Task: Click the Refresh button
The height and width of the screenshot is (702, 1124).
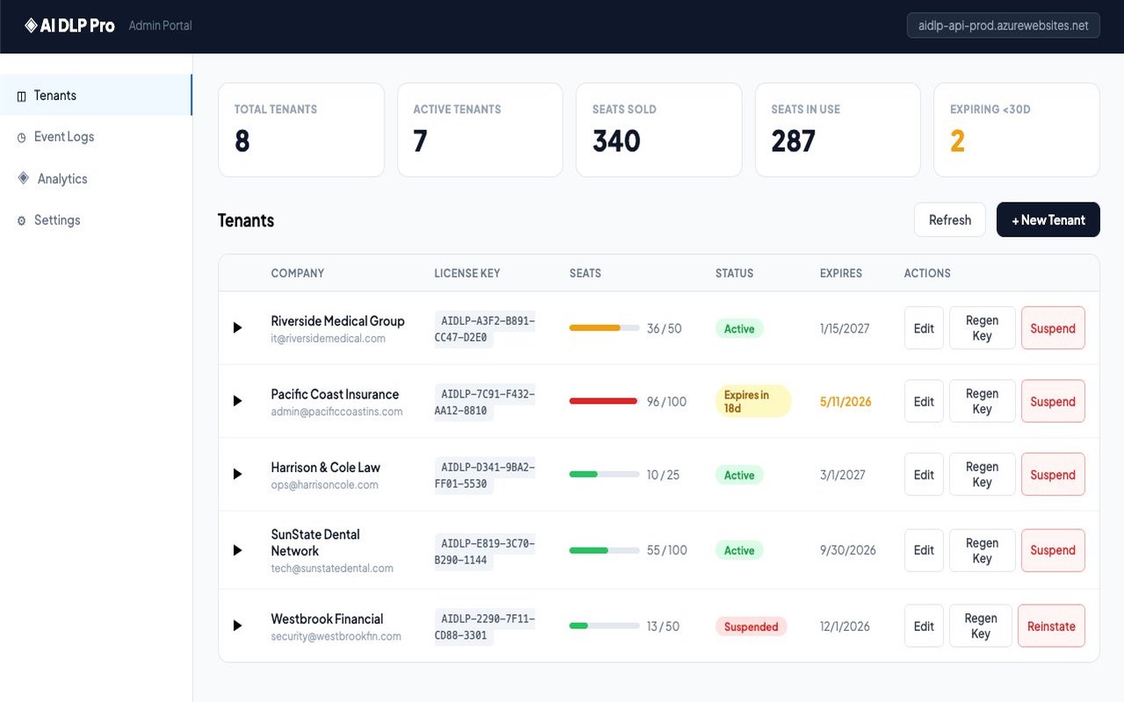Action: (x=949, y=219)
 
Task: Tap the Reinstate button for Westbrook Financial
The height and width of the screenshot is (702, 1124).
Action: (x=1051, y=626)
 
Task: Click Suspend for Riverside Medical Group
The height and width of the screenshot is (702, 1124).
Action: (x=1053, y=328)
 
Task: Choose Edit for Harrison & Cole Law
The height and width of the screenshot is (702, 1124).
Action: (x=924, y=475)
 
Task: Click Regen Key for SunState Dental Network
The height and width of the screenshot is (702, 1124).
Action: (x=982, y=550)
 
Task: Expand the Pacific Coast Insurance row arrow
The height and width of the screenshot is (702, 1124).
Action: (x=237, y=401)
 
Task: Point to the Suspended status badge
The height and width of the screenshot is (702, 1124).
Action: (x=751, y=627)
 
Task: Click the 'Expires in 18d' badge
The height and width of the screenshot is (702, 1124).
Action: (x=753, y=401)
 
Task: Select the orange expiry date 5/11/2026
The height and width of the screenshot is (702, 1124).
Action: (x=846, y=401)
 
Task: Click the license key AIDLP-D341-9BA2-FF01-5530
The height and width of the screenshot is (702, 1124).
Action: (x=485, y=475)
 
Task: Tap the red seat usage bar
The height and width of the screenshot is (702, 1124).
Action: (x=603, y=401)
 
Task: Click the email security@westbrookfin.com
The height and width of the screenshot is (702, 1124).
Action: (x=335, y=636)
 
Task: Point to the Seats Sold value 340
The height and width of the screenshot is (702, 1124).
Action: (x=616, y=140)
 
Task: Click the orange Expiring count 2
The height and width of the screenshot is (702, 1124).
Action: (x=957, y=140)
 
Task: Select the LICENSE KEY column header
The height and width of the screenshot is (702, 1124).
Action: (x=466, y=273)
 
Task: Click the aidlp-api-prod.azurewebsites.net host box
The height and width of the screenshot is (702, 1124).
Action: (x=1003, y=25)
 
